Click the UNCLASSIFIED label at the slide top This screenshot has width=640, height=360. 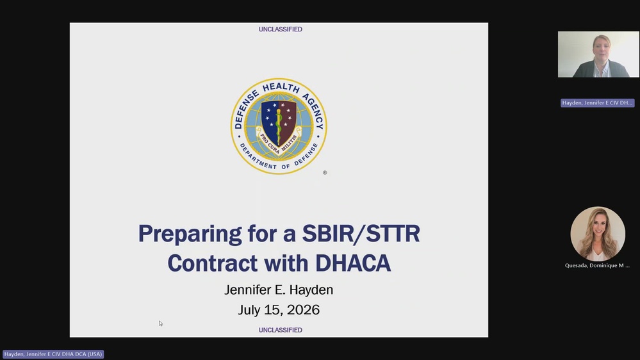281,29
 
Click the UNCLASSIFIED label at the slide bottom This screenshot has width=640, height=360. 281,330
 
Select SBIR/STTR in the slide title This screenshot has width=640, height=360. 361,233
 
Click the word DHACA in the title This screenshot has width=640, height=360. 353,263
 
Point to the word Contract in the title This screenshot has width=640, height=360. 213,263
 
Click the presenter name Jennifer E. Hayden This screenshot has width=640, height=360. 279,290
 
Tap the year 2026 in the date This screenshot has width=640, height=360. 303,310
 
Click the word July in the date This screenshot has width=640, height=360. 249,310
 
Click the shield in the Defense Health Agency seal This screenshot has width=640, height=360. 279,122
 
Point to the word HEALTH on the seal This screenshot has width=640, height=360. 281,87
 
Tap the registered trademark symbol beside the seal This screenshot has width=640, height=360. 325,173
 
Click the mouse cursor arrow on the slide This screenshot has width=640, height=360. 161,323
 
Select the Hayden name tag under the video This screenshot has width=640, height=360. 597,103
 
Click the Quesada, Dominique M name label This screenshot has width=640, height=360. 597,265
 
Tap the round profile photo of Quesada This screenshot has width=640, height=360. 598,233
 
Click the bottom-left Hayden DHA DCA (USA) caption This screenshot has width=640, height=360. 53,354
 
